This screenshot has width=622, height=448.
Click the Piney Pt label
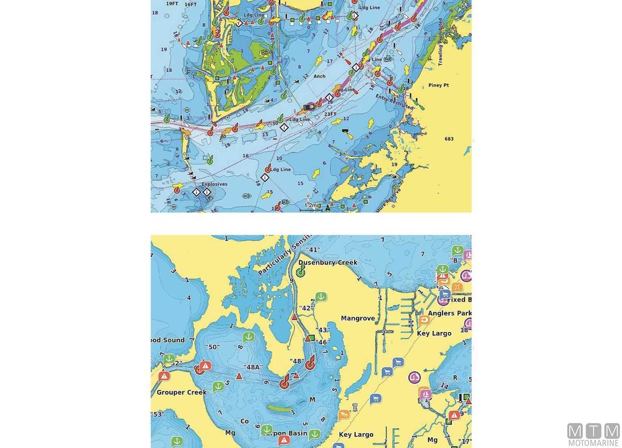tap(438, 85)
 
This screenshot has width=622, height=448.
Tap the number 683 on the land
tap(449, 139)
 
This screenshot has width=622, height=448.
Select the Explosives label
tap(214, 184)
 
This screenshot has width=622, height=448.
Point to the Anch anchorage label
tap(319, 76)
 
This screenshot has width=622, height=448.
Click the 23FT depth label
tap(330, 114)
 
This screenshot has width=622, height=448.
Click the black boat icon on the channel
tap(309, 107)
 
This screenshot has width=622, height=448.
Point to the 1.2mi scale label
tap(311, 205)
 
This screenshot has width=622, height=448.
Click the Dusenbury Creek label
tap(328, 263)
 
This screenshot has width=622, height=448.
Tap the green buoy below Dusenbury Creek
tap(301, 272)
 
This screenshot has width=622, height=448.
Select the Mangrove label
tap(357, 318)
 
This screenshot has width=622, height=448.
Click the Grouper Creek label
tap(182, 392)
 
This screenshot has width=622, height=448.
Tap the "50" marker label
tap(212, 347)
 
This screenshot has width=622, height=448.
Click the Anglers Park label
tap(449, 313)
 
